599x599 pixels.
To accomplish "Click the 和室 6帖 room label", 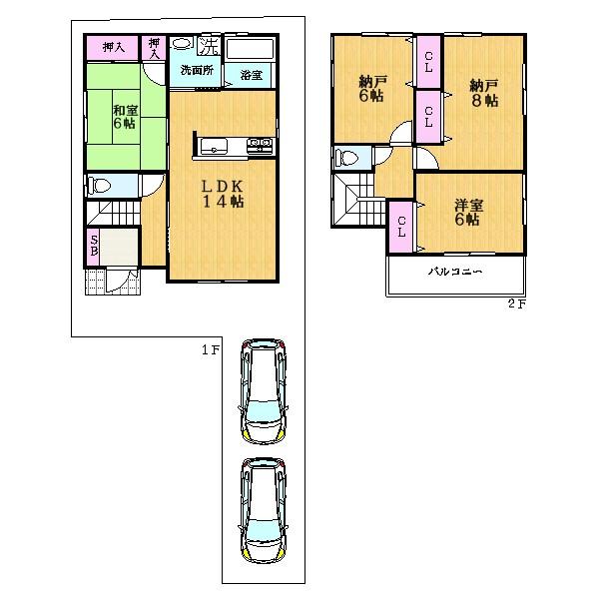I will pyautogui.click(x=125, y=117).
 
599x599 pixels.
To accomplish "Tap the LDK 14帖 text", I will pyautogui.click(x=223, y=193).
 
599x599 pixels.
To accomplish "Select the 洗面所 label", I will pyautogui.click(x=196, y=72).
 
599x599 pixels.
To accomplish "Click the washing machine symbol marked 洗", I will pyautogui.click(x=209, y=46).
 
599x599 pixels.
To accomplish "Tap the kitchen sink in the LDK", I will pyautogui.click(x=216, y=146).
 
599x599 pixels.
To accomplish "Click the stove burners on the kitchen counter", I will pyautogui.click(x=259, y=146).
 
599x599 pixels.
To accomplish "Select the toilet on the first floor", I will pyautogui.click(x=102, y=185).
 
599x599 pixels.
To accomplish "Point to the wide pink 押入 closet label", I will pyautogui.click(x=113, y=46).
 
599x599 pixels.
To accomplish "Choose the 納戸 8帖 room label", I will pyautogui.click(x=483, y=94).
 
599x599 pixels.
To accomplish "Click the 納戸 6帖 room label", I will pyautogui.click(x=370, y=91).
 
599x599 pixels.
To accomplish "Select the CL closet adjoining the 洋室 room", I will pyautogui.click(x=401, y=226).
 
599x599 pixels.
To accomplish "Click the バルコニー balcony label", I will pyautogui.click(x=456, y=272).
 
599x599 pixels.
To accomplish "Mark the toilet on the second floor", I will pyautogui.click(x=346, y=157).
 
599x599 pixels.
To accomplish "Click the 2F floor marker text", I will pyautogui.click(x=515, y=304).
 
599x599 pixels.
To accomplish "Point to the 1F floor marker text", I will pyautogui.click(x=209, y=348).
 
